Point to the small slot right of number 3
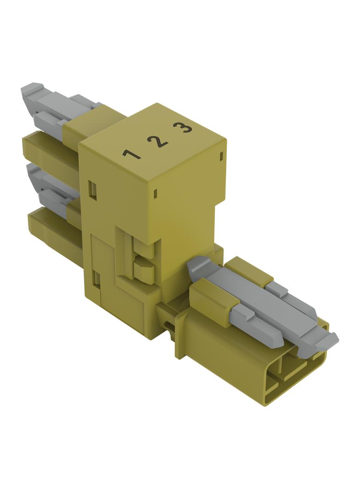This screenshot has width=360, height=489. click(x=221, y=156)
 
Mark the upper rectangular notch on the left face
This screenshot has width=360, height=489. click(x=92, y=190)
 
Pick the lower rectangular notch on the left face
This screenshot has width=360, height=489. click(x=97, y=278)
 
